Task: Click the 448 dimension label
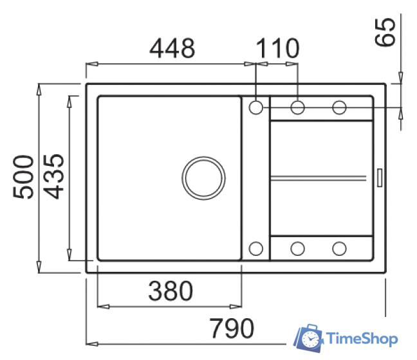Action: click(x=172, y=48)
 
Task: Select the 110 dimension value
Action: click(x=277, y=48)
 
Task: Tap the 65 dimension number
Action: click(x=385, y=32)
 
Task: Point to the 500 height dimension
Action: click(x=23, y=177)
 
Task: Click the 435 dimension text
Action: click(x=53, y=176)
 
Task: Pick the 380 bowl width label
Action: click(x=171, y=291)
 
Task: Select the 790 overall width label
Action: click(x=232, y=328)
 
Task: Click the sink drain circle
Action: click(x=203, y=178)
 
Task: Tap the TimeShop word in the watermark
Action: click(x=362, y=339)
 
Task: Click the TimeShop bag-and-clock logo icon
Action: click(x=308, y=338)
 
